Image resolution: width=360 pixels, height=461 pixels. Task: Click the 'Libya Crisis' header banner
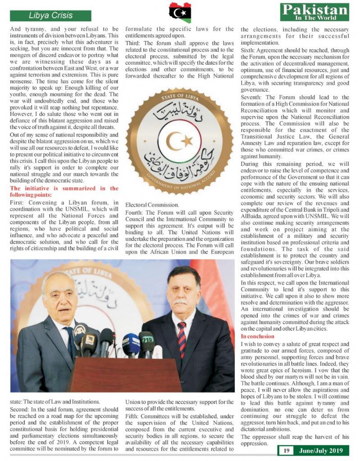[50, 15]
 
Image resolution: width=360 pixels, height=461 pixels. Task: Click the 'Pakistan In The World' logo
[314, 12]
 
